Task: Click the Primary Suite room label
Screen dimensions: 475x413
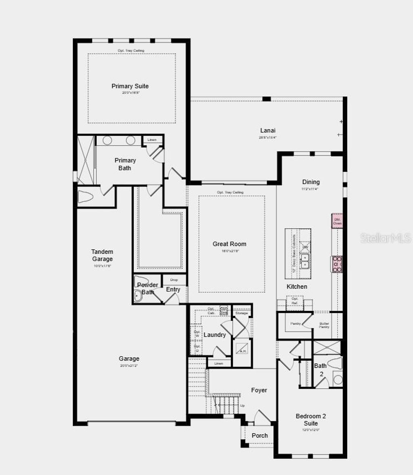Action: pyautogui.click(x=130, y=86)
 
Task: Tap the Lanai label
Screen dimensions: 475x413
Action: pyautogui.click(x=268, y=131)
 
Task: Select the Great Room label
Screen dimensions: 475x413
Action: pyautogui.click(x=229, y=244)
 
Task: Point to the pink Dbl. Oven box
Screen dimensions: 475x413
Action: pyautogui.click(x=337, y=221)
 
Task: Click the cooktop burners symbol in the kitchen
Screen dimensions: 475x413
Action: pyautogui.click(x=337, y=264)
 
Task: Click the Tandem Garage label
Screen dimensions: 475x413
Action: pyautogui.click(x=102, y=255)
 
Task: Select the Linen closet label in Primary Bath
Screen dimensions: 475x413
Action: pyautogui.click(x=152, y=140)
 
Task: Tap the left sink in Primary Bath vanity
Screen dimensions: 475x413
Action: pyautogui.click(x=107, y=140)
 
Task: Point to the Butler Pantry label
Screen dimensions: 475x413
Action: pyautogui.click(x=324, y=325)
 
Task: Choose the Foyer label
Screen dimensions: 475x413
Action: pyautogui.click(x=259, y=390)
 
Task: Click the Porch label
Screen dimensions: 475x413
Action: pyautogui.click(x=260, y=436)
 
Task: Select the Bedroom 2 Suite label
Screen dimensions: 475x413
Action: pyautogui.click(x=311, y=420)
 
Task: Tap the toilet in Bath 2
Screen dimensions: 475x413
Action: pyautogui.click(x=336, y=363)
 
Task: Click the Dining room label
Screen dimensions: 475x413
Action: pyautogui.click(x=311, y=182)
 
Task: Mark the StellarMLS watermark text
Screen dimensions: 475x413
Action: pyautogui.click(x=385, y=238)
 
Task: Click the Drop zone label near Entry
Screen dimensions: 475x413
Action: pyautogui.click(x=174, y=280)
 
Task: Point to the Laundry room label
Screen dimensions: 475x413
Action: pyautogui.click(x=215, y=335)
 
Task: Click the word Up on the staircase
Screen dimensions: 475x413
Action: pyautogui.click(x=242, y=406)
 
